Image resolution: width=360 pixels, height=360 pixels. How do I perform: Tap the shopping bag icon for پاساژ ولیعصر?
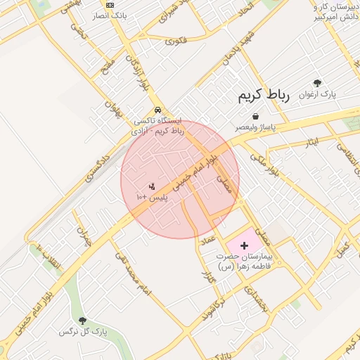pos(255,116)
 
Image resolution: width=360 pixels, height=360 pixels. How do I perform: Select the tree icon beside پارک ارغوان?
pos(317,83)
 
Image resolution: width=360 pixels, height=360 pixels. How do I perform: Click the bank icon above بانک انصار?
pos(109,4)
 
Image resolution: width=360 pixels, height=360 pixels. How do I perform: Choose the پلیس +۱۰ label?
pos(153,198)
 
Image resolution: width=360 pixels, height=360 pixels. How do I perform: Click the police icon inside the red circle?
pos(152,186)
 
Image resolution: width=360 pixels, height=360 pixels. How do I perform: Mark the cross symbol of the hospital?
pos(244,245)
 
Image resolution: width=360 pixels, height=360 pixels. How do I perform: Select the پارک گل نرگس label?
pos(83,331)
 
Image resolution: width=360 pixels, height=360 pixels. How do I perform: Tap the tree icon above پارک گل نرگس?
pos(83,321)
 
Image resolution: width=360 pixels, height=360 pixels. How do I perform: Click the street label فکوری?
pos(176,41)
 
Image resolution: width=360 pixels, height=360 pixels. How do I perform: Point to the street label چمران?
pos(84,236)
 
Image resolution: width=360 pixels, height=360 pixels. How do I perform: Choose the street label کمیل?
pos(343,247)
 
